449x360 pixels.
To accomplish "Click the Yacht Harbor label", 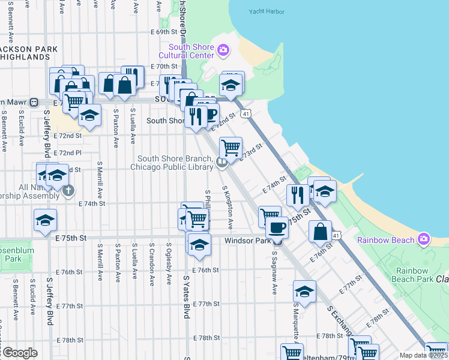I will coord(265,11).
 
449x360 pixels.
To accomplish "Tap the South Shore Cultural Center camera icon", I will coord(223,49).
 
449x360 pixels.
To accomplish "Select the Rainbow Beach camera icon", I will coord(424,239).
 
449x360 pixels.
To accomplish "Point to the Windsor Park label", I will coord(248,241).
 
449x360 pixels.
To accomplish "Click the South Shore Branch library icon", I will coord(221,160).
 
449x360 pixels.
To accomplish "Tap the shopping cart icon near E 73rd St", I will coord(231,147).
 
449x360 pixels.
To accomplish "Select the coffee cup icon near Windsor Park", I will coord(277,228).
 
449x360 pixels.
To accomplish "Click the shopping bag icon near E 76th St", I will coord(321,232).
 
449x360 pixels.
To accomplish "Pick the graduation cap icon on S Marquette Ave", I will coord(304,292).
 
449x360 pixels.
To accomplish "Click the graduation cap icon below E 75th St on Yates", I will coord(199,244).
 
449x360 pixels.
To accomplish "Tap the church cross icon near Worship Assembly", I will coord(68,191).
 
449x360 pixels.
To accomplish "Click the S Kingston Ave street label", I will coord(228,207).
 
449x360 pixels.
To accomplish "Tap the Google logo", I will coord(19,353).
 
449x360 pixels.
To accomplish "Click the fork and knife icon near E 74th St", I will coord(297,194).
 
